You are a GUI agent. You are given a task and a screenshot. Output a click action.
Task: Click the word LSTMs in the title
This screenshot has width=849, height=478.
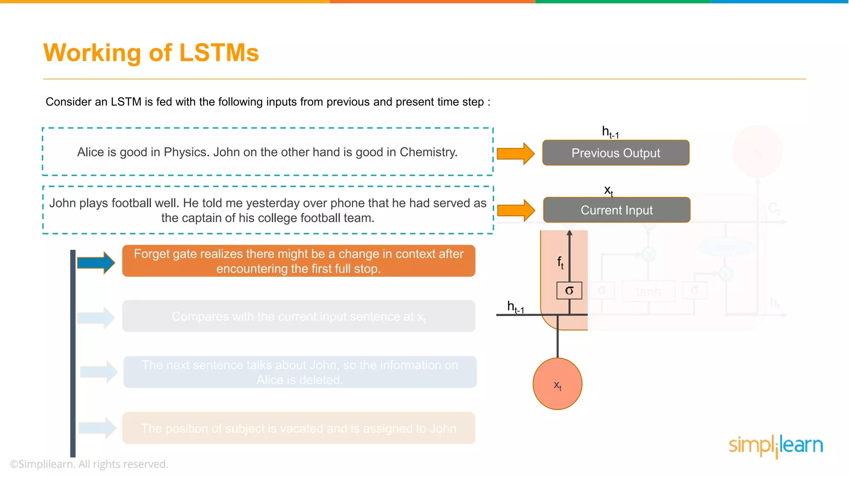219,53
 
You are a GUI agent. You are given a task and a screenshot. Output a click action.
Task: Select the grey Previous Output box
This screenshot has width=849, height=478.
616,153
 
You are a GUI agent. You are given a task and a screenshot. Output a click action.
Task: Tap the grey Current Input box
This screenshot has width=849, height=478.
616,210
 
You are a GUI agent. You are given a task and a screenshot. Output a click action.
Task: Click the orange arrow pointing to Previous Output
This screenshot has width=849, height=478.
515,154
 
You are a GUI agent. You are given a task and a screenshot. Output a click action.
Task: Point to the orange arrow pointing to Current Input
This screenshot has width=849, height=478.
516,210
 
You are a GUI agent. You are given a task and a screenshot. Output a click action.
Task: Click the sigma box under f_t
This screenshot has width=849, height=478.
569,290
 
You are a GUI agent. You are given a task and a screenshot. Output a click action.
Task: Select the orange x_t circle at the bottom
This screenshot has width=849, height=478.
558,384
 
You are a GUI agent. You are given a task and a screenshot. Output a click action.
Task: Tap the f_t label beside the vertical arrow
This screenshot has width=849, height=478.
560,263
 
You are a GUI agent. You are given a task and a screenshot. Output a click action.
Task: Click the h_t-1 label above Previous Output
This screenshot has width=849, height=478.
610,132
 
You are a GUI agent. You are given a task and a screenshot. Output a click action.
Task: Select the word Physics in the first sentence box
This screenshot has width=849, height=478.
186,152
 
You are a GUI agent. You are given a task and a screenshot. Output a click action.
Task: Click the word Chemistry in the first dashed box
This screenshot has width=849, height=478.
428,152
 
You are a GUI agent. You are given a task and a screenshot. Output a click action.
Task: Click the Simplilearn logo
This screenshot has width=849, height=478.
776,446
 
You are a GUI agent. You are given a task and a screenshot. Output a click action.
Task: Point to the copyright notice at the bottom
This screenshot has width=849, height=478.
89,464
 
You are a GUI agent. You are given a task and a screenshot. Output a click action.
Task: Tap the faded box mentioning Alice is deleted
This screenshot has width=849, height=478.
300,372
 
